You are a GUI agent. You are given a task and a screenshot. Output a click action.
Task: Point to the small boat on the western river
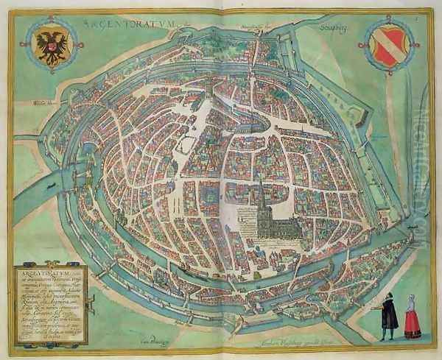(51, 185)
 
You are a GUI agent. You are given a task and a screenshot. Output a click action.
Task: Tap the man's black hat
(388, 294)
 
